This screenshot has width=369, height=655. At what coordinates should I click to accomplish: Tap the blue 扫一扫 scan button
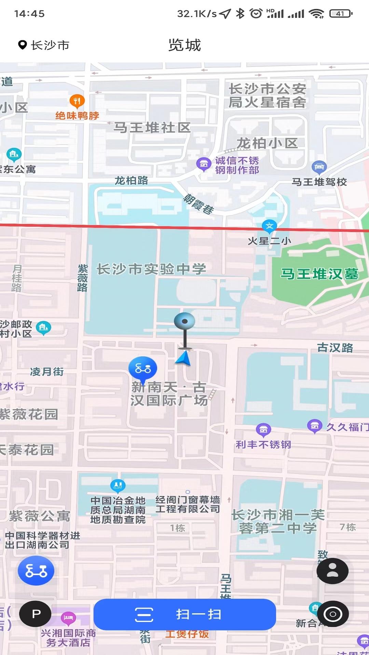click(x=184, y=614)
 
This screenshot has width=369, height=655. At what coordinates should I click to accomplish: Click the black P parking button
click(x=36, y=614)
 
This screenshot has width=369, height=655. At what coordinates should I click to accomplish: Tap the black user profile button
click(x=332, y=571)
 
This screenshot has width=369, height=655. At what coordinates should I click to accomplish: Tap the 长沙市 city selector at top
click(x=44, y=45)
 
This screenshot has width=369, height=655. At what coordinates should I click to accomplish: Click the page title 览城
click(x=184, y=45)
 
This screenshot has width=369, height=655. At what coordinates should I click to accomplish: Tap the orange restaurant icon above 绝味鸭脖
click(x=77, y=101)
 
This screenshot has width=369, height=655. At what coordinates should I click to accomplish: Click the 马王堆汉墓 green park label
click(x=319, y=274)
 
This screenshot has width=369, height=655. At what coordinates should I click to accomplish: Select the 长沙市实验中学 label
click(x=151, y=269)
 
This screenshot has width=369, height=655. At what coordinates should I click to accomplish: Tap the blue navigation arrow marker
click(x=184, y=359)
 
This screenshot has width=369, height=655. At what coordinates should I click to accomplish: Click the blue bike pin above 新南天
click(x=143, y=368)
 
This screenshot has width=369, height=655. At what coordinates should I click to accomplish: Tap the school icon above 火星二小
click(x=269, y=226)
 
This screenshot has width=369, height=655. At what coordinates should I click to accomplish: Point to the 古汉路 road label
click(x=335, y=348)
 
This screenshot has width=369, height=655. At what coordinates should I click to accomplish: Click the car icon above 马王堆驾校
click(x=319, y=167)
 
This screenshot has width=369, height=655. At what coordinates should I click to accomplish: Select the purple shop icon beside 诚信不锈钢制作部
click(x=204, y=164)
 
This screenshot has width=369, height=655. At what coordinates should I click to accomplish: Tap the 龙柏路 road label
click(x=131, y=180)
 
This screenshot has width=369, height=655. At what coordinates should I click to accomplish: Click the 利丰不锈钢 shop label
click(x=263, y=445)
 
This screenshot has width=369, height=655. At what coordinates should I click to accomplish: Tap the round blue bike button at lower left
click(x=36, y=570)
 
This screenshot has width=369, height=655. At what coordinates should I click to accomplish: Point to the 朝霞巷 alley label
click(x=199, y=204)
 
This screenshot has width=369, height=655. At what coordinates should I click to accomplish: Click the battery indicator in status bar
click(x=341, y=14)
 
